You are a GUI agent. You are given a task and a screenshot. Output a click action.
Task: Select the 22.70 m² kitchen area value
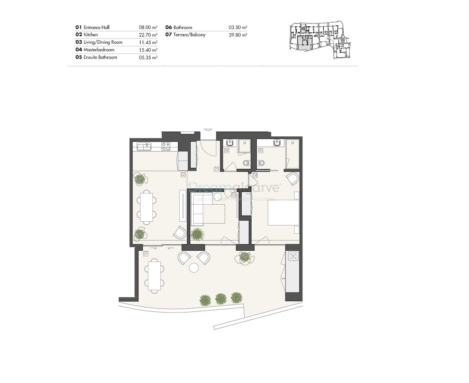(x=148, y=35)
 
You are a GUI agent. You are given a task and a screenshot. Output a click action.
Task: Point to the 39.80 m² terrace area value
(x=238, y=35)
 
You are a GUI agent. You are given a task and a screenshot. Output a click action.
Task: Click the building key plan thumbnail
(x=321, y=40)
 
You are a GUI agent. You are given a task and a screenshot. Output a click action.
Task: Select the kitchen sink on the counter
(x=144, y=146)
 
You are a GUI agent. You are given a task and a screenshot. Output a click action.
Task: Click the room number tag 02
(x=183, y=175)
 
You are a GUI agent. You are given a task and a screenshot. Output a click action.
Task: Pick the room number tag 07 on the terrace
(x=145, y=254)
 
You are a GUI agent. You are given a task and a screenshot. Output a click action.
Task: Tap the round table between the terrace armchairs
(x=194, y=268)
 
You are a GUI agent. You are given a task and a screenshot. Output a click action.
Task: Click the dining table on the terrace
(x=154, y=275)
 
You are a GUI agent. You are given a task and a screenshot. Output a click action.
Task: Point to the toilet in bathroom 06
(x=246, y=163)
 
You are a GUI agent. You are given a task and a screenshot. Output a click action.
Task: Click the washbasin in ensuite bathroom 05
(x=277, y=142)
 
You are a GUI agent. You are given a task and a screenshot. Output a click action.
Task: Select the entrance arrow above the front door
(x=208, y=130)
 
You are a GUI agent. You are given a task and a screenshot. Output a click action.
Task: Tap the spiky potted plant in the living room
(x=197, y=234)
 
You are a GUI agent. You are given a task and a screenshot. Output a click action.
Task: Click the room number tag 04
(x=255, y=175)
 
